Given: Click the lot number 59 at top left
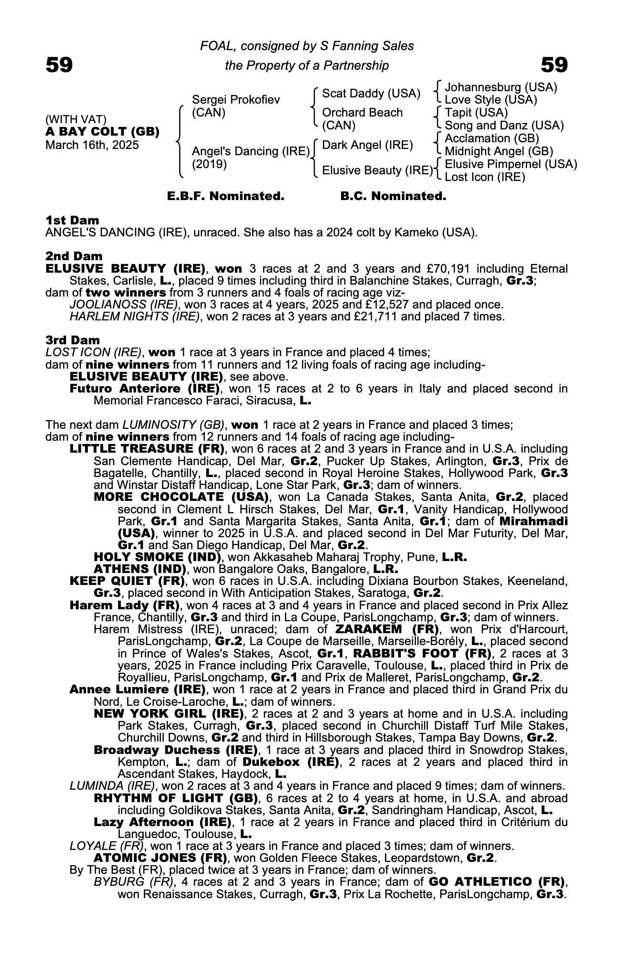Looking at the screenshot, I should [x=59, y=65].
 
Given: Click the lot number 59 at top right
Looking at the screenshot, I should [x=554, y=65].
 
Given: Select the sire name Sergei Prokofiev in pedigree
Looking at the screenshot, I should [x=235, y=100].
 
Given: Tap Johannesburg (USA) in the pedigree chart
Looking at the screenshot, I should [x=500, y=87].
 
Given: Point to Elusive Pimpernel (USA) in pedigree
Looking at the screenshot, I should [x=511, y=164].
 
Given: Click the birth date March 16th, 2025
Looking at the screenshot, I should [x=92, y=145].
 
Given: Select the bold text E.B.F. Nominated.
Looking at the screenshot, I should [x=225, y=196].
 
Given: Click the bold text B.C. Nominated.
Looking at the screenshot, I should [x=393, y=196].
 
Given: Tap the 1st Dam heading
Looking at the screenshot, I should [x=73, y=221].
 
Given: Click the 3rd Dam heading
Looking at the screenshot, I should [x=73, y=340].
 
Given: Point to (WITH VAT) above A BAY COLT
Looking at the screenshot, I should [x=76, y=119].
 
